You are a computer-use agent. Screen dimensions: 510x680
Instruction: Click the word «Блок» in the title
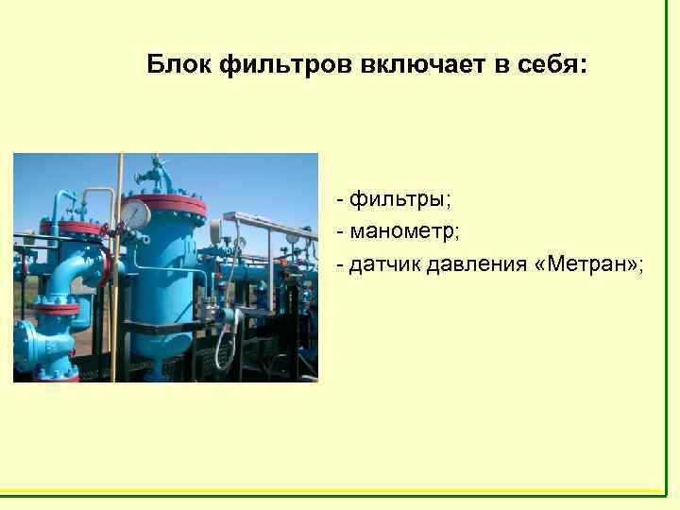coord(179,65)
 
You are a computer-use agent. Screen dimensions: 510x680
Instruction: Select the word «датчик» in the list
coord(383,263)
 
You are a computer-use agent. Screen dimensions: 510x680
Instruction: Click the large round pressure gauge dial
coord(136,214)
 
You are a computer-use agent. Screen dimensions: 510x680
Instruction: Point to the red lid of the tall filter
coord(171,203)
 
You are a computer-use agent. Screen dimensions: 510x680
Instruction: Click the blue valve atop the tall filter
coord(155,176)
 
